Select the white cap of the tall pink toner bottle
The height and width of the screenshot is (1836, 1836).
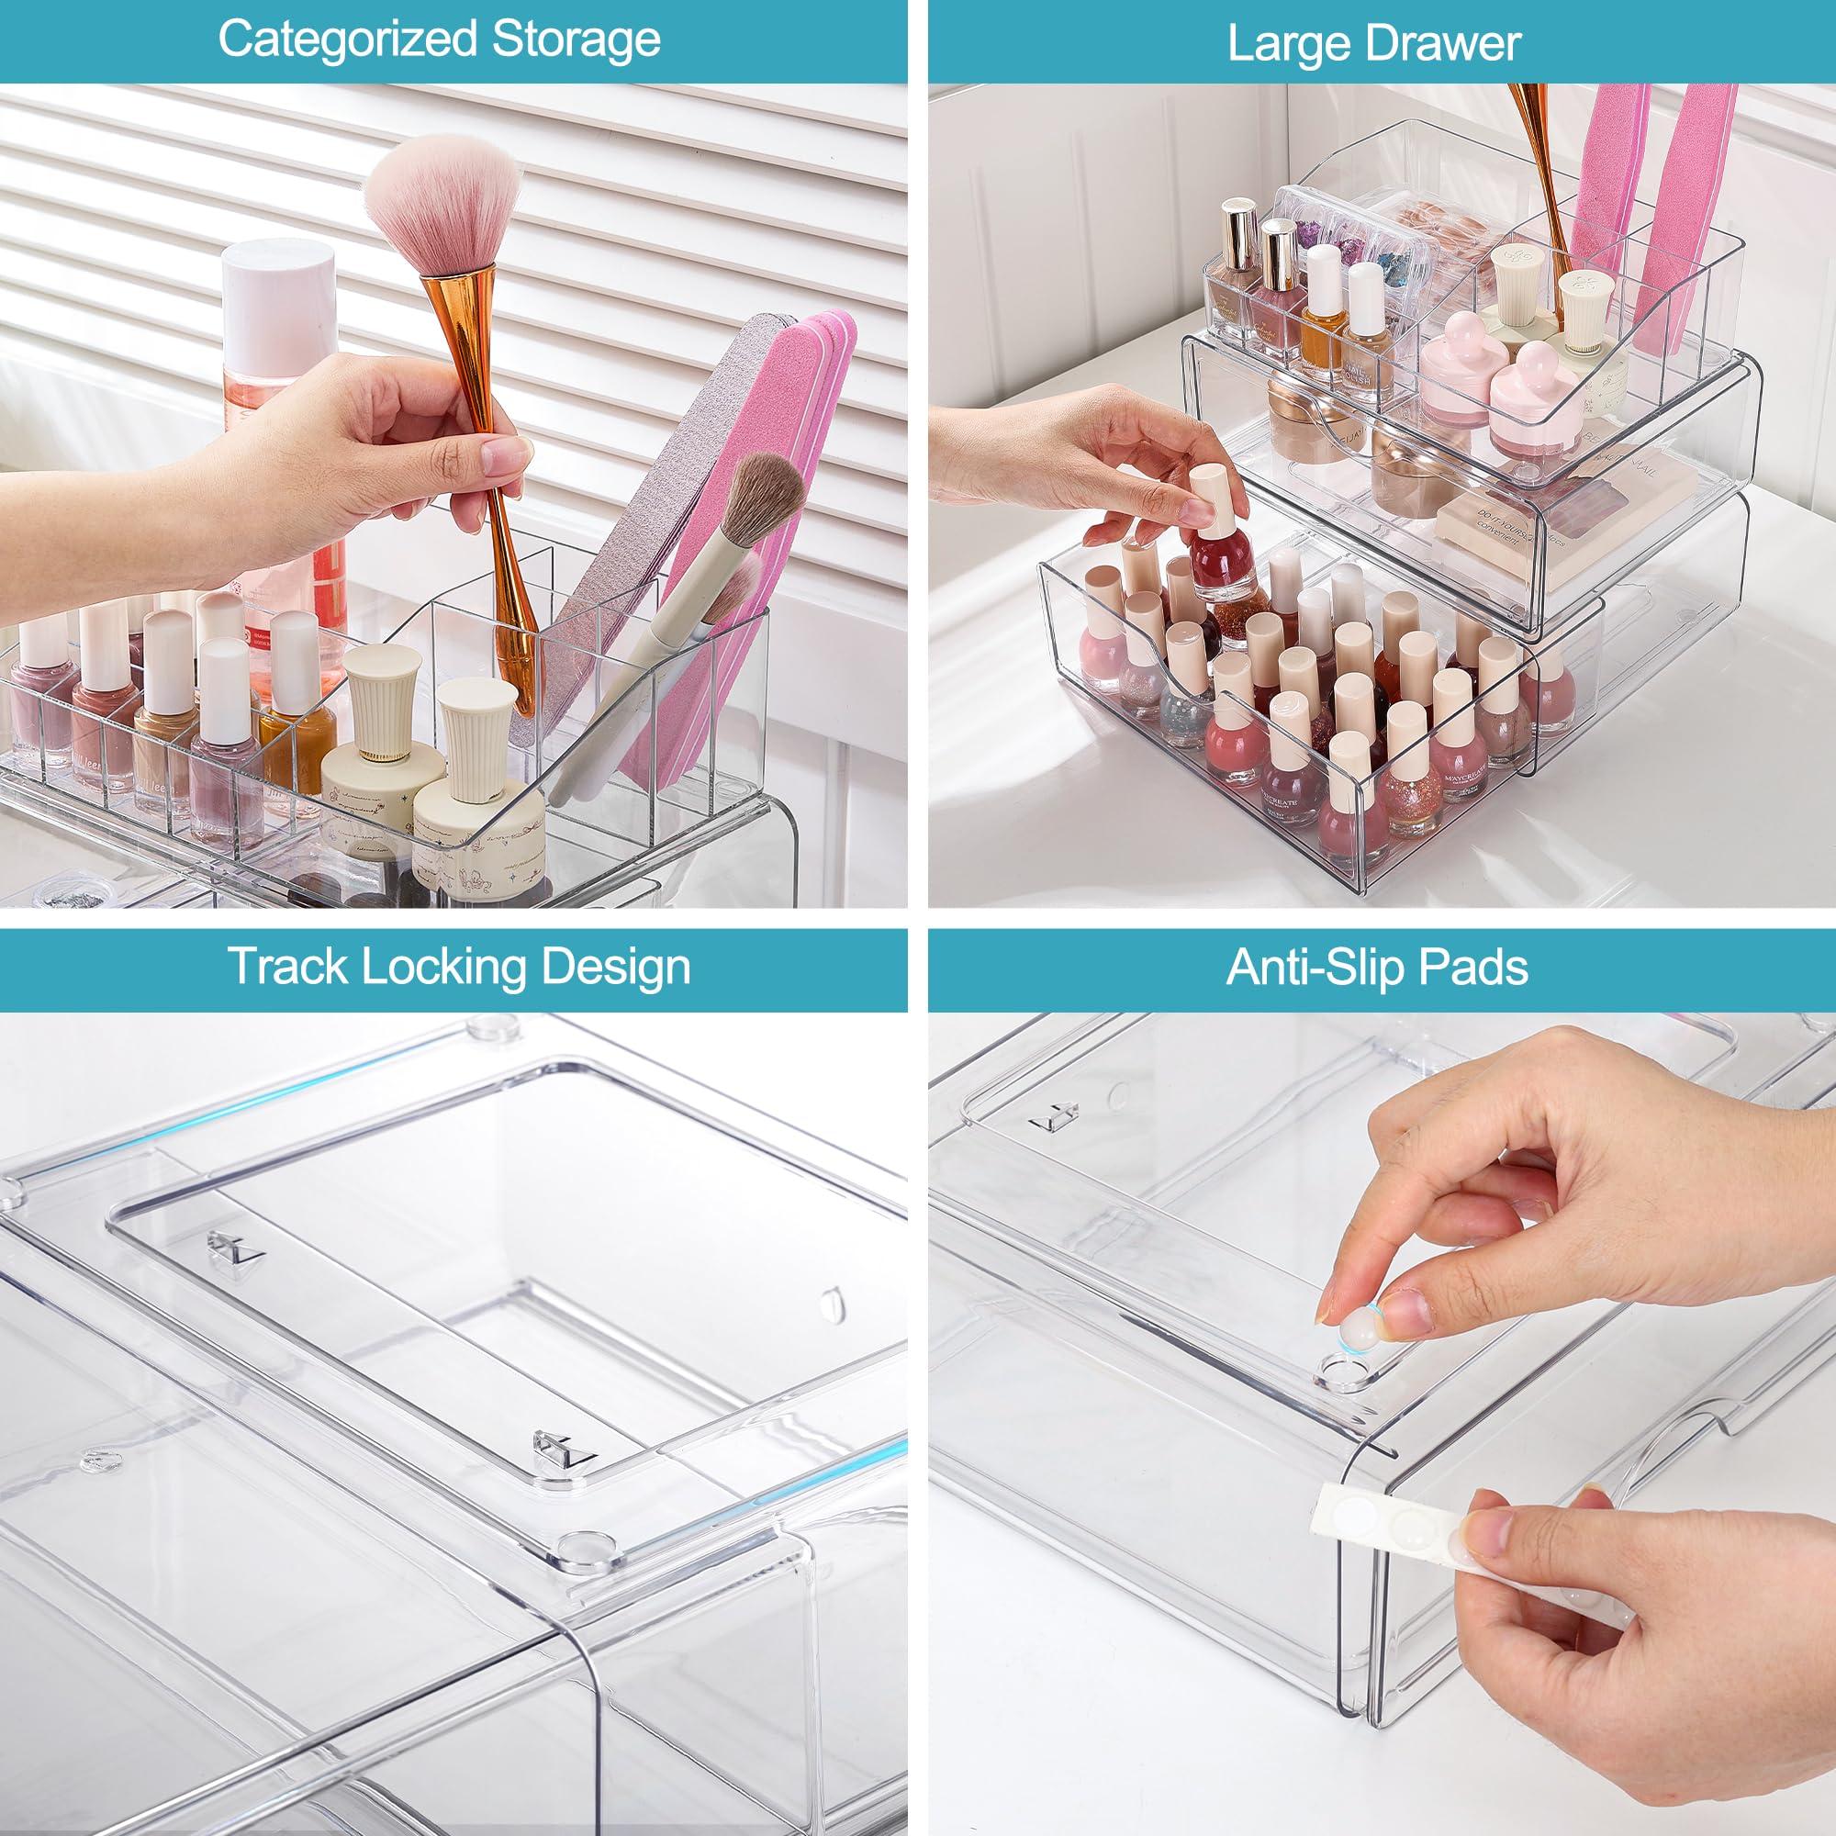pos(282,275)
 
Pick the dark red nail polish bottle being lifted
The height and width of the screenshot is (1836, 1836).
pos(1221,561)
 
